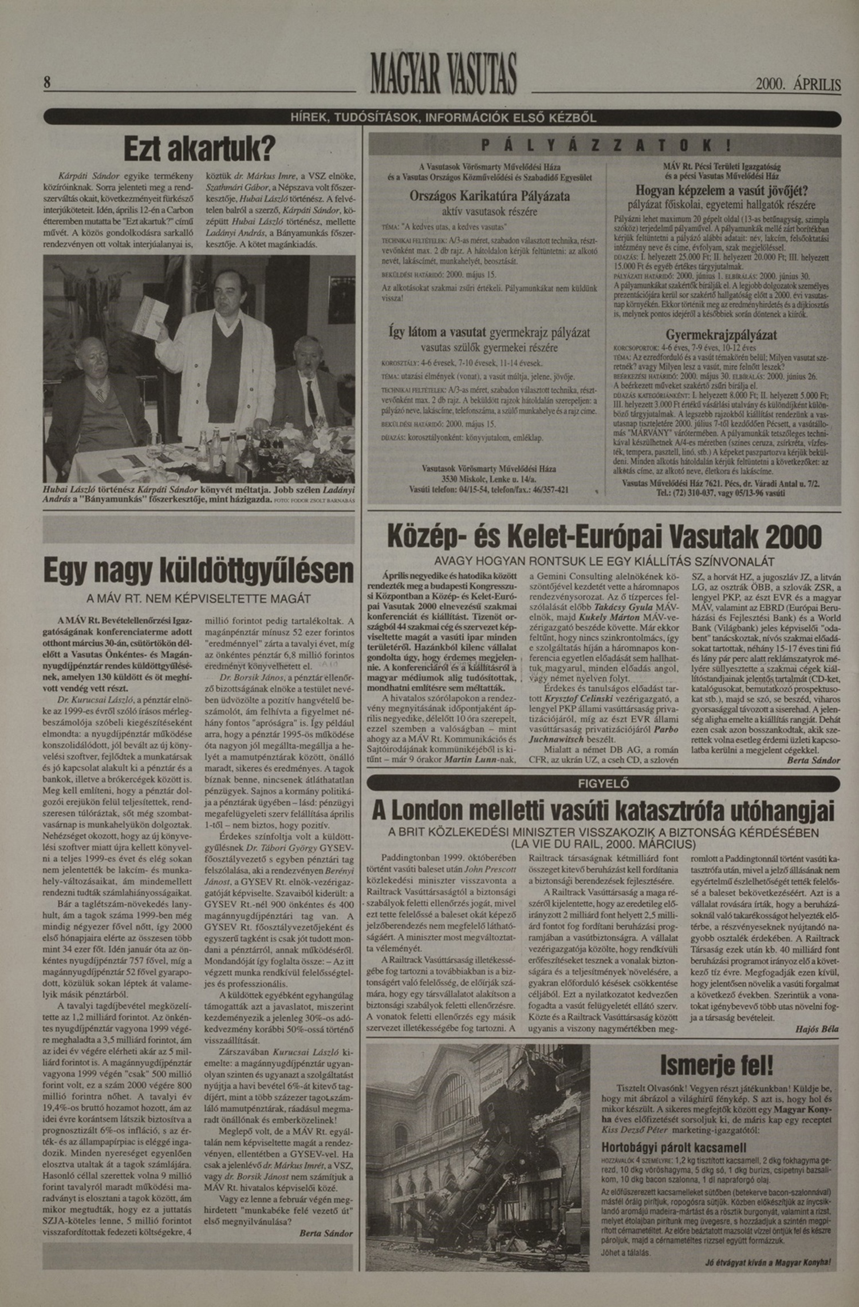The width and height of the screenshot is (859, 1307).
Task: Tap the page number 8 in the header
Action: pos(48,82)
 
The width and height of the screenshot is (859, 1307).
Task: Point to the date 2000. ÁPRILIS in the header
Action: pos(798,85)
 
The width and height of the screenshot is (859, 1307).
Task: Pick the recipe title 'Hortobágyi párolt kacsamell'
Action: pos(673,1131)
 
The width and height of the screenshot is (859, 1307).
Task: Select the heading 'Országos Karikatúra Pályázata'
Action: pos(490,196)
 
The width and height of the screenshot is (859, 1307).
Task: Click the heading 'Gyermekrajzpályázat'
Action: pos(720,335)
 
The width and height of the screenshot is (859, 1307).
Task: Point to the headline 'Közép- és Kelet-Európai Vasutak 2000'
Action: pos(604,537)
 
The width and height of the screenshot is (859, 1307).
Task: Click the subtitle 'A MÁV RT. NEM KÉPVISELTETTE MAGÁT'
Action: pos(198,599)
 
